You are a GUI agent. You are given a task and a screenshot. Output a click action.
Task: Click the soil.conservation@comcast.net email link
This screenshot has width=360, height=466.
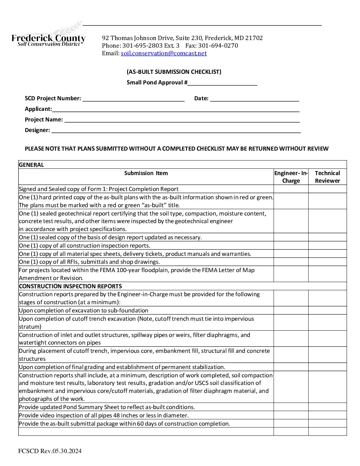(x=163, y=53)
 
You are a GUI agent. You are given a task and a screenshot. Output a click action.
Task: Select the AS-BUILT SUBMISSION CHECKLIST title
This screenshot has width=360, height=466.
(x=174, y=72)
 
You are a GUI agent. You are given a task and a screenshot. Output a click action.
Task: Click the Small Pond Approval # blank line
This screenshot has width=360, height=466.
(x=222, y=83)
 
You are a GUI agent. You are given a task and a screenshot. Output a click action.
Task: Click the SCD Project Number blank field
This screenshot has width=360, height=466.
(x=133, y=99)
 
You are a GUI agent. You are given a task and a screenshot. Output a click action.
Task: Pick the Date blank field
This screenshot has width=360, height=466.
(x=254, y=99)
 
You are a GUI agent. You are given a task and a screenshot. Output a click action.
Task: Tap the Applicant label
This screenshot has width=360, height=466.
(x=38, y=109)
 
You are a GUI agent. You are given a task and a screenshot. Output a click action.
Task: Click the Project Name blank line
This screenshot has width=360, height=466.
(x=182, y=120)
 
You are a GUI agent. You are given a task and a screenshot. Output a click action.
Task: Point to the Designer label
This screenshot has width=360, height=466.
(x=37, y=130)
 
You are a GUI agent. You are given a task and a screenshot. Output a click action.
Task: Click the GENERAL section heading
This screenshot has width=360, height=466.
(x=31, y=165)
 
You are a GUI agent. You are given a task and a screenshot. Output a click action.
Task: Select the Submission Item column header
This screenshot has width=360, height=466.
(x=146, y=173)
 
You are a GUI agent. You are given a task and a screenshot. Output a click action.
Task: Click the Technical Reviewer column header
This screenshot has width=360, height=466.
(x=327, y=177)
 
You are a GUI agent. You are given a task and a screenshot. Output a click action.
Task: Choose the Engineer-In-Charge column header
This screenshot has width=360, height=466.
(x=291, y=177)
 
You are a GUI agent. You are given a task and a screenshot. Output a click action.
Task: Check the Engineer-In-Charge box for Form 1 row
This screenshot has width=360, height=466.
(x=291, y=189)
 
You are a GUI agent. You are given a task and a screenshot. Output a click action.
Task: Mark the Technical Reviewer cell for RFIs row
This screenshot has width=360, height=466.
(x=327, y=262)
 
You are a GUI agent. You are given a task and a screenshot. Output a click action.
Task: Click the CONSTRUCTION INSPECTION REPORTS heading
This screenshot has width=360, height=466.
(x=70, y=286)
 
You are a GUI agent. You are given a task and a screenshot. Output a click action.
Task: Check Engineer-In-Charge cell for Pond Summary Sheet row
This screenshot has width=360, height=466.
(x=291, y=407)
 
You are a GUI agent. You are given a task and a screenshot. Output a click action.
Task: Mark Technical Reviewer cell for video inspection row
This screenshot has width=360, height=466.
(x=327, y=415)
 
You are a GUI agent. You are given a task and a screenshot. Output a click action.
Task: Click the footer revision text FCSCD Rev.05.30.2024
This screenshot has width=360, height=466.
(x=50, y=451)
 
